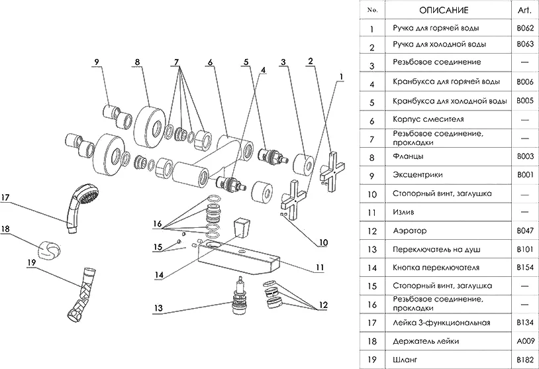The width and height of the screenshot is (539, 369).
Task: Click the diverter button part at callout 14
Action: (x=244, y=226)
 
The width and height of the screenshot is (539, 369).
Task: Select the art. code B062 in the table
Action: (x=524, y=28)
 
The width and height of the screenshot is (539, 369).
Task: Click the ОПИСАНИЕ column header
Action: (x=443, y=11)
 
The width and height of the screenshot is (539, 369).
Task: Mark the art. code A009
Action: (x=524, y=341)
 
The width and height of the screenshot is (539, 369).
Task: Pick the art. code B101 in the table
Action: (x=524, y=249)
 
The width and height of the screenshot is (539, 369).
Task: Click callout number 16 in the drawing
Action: (x=157, y=223)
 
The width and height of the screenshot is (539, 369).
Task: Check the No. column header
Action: (x=372, y=11)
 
